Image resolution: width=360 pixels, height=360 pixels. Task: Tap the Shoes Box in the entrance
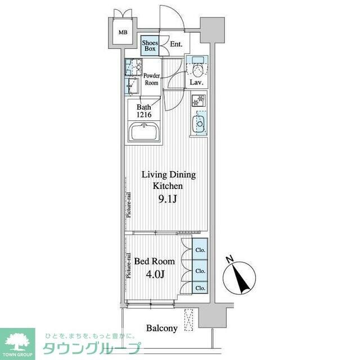[x=150, y=46]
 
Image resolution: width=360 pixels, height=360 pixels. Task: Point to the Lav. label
[x=196, y=83]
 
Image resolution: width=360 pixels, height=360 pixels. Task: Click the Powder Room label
[x=151, y=79]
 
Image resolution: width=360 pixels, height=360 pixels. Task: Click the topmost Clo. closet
[x=200, y=250]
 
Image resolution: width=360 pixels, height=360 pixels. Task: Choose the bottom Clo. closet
[x=200, y=288]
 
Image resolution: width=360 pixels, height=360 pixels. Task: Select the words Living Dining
[x=168, y=175]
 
